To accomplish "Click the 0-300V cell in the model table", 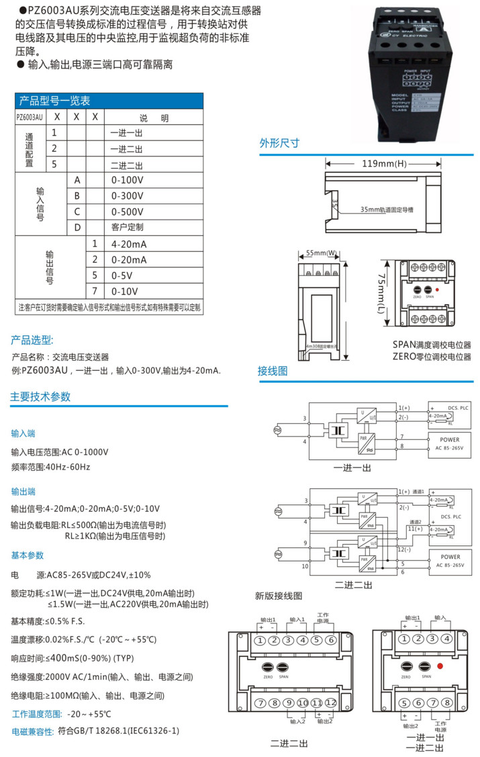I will point(127,195).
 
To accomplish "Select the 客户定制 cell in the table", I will point(127,227).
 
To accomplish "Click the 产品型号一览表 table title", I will point(54,101).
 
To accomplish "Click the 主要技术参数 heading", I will point(40,396).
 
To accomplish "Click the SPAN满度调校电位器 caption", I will point(432,345).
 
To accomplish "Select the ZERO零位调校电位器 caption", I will point(432,356).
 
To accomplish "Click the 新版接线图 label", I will point(279,595).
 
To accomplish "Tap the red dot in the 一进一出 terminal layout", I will point(439,666).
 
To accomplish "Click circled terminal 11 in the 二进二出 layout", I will point(318,703).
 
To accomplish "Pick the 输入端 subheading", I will point(23,433).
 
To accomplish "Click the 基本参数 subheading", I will point(27,555).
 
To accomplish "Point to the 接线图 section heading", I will point(273,371).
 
